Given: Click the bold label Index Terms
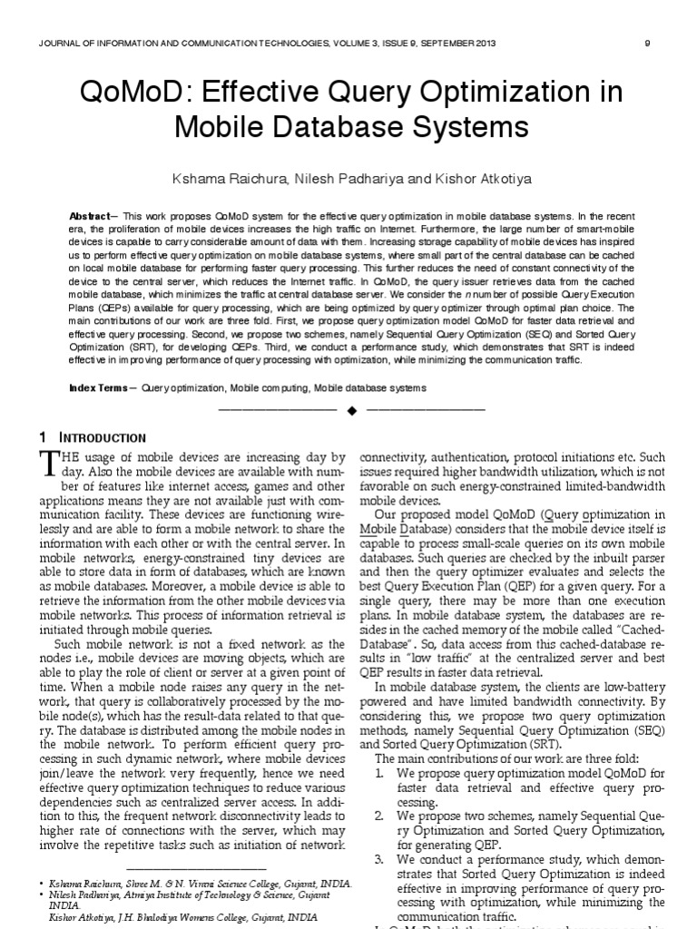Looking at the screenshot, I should [100, 388].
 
